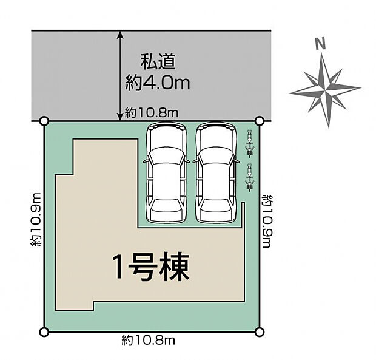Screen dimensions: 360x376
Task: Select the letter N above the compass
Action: click(x=320, y=44)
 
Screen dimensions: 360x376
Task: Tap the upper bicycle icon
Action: click(x=248, y=144)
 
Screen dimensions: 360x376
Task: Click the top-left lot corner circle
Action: click(x=44, y=121)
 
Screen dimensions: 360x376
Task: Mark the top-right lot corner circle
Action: click(x=260, y=121)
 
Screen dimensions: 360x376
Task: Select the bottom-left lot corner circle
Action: click(x=44, y=331)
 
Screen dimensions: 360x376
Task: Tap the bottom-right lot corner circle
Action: click(x=260, y=331)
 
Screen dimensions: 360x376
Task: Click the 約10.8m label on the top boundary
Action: click(x=152, y=112)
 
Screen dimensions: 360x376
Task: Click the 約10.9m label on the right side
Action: click(x=267, y=221)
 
